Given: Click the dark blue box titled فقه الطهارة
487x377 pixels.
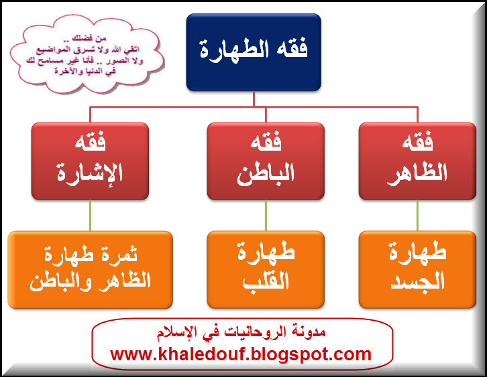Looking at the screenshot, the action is pyautogui.click(x=254, y=52).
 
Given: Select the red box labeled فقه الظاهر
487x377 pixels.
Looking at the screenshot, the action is pyautogui.click(x=417, y=161).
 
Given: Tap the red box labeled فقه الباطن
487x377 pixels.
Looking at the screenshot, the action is pyautogui.click(x=266, y=161).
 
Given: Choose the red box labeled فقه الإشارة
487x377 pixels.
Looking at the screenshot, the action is pyautogui.click(x=90, y=161).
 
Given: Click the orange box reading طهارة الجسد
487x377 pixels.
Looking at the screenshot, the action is pyautogui.click(x=417, y=269).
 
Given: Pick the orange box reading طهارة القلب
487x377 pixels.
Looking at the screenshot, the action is pyautogui.click(x=266, y=269).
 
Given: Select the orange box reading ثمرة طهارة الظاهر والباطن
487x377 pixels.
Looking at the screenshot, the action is pyautogui.click(x=90, y=269).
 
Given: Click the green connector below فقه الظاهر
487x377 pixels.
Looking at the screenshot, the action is pyautogui.click(x=417, y=216).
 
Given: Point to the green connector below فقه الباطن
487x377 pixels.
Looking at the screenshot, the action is pyautogui.click(x=266, y=216).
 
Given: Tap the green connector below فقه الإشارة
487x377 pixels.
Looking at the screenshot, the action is pyautogui.click(x=90, y=216).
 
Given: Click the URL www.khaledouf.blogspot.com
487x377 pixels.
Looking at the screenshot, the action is pyautogui.click(x=241, y=354).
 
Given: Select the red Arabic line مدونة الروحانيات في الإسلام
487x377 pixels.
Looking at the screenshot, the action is pyautogui.click(x=241, y=332).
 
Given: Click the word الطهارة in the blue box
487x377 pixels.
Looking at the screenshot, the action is pyautogui.click(x=234, y=50).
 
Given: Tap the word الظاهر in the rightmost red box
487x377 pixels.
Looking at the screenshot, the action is pyautogui.click(x=417, y=174).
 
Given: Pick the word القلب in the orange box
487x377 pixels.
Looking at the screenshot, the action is pyautogui.click(x=266, y=281).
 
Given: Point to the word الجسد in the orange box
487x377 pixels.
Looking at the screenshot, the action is pyautogui.click(x=417, y=281).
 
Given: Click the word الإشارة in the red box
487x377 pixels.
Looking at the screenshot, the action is pyautogui.click(x=90, y=173).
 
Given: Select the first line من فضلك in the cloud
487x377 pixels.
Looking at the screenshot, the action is pyautogui.click(x=89, y=38).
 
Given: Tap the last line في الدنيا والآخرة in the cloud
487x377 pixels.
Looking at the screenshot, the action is pyautogui.click(x=85, y=71).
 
